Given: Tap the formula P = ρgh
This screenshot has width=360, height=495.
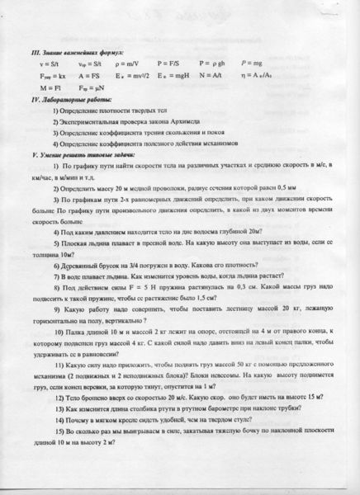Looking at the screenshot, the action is click(211, 62).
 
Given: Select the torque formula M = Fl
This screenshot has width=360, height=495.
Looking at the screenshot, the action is click(36, 85).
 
